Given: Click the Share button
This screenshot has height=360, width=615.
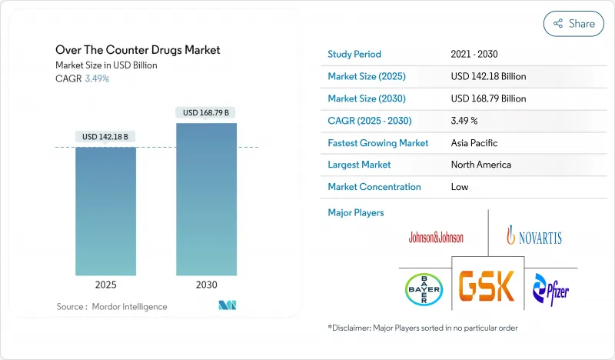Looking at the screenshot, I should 573,24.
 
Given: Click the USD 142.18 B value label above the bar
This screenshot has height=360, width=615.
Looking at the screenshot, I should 105,137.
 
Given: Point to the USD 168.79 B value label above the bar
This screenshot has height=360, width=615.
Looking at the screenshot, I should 206,113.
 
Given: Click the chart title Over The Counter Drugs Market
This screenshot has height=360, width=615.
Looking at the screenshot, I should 138,50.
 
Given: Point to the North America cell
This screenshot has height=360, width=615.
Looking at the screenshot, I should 481,165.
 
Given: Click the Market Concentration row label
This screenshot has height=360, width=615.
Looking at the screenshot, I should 374,187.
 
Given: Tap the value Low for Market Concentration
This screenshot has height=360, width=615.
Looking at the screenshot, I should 460,187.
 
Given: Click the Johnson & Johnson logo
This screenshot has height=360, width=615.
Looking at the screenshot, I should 436,237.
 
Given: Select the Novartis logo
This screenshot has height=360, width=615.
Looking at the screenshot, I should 534,236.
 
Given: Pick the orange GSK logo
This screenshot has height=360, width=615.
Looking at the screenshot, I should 487,286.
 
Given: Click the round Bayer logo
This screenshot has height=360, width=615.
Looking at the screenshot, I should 424,289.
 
